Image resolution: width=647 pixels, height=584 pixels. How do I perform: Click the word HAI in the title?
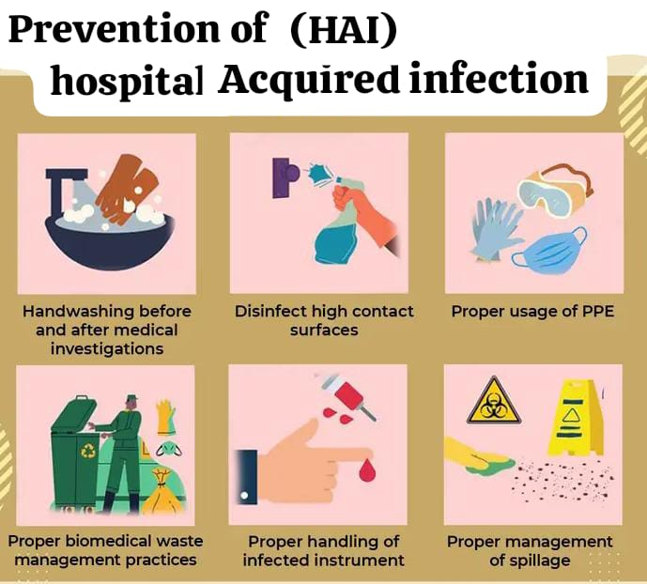(x=344, y=30)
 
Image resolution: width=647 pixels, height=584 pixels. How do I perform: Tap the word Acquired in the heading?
(x=309, y=80)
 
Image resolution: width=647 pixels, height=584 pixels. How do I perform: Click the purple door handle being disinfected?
(x=285, y=177)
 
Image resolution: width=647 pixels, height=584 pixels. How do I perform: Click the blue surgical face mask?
(x=549, y=247)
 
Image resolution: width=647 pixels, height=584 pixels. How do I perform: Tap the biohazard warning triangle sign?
(x=493, y=401)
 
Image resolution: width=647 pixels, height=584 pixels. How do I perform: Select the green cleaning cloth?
(x=490, y=463)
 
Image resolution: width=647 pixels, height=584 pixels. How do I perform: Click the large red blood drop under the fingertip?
(x=366, y=469)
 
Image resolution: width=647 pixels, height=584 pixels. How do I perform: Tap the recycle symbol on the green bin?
(x=88, y=451)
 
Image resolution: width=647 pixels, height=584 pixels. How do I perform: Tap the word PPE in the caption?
(x=597, y=311)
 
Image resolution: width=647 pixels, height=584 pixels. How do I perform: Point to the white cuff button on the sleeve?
(x=244, y=496)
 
